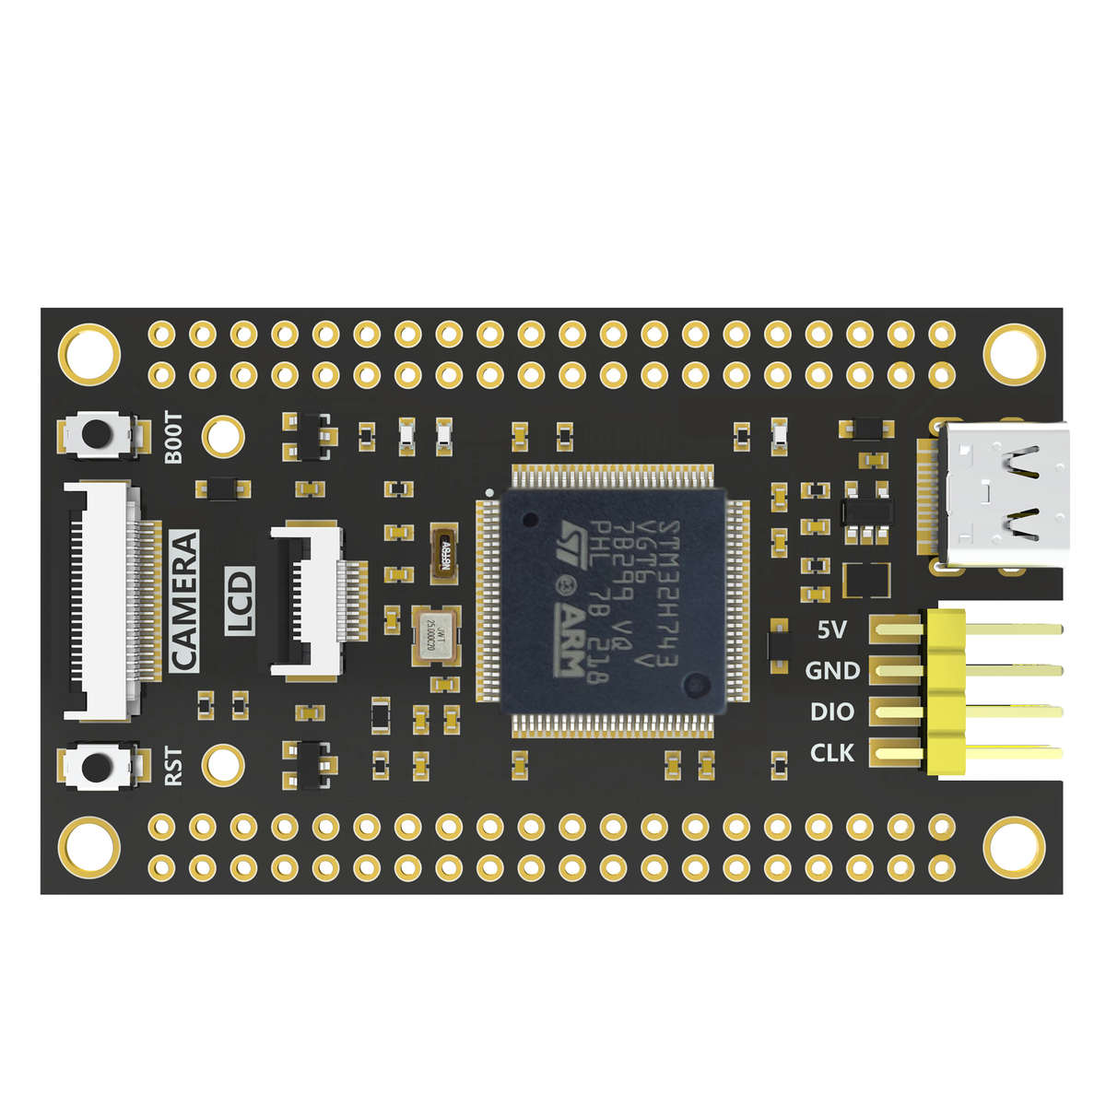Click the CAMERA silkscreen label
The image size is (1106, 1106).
click(x=184, y=600)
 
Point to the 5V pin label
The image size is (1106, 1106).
click(x=832, y=631)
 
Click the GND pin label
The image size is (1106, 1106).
click(x=832, y=671)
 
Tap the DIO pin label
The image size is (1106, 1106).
click(x=832, y=712)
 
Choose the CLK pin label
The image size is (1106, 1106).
click(x=832, y=753)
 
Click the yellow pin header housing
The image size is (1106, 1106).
click(x=943, y=690)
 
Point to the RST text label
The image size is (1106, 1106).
click(x=173, y=766)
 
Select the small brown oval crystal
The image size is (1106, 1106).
click(x=445, y=553)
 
